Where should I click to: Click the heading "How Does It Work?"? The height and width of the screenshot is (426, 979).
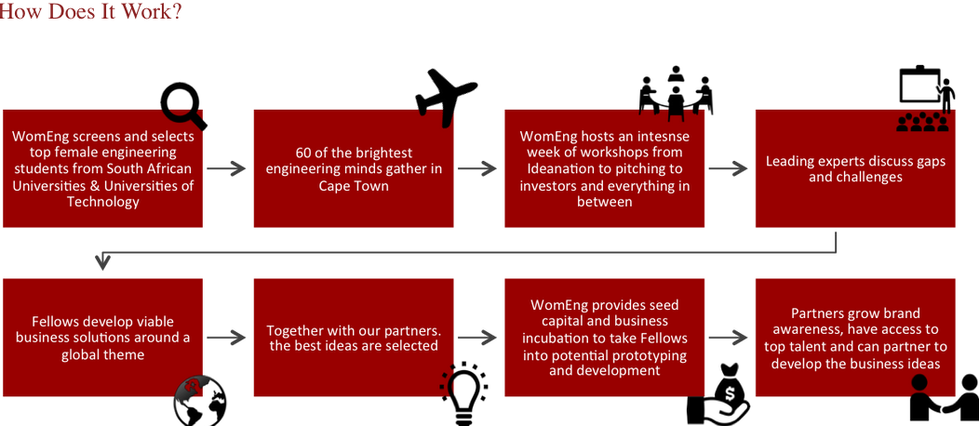(x=90, y=13)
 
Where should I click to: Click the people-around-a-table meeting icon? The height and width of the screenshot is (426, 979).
(x=676, y=93)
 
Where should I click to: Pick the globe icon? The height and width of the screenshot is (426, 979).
(x=200, y=401)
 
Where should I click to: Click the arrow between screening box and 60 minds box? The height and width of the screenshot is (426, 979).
(x=227, y=168)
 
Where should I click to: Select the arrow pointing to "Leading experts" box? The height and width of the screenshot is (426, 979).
(x=729, y=168)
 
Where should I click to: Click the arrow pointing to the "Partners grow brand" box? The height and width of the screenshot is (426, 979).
(x=729, y=338)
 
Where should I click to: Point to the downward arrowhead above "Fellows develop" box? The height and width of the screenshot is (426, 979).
(x=102, y=261)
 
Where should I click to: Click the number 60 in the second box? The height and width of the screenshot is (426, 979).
(x=304, y=153)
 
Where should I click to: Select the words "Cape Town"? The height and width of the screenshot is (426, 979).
(x=354, y=186)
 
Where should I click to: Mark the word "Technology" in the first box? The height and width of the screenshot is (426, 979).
(x=102, y=202)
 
